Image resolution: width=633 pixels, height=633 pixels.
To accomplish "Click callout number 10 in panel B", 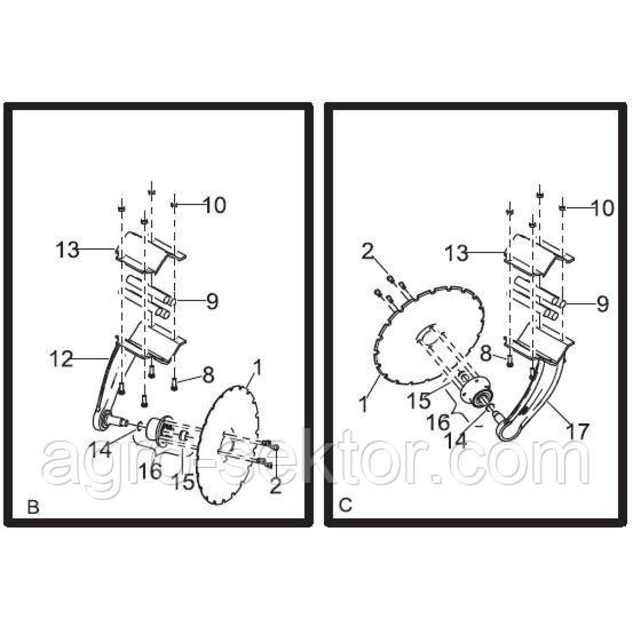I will (x=214, y=205).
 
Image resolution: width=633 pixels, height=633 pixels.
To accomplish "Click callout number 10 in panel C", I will (x=601, y=208).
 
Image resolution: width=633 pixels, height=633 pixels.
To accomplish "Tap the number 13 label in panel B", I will (x=68, y=250).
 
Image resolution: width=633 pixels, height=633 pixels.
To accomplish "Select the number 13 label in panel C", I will (x=456, y=254).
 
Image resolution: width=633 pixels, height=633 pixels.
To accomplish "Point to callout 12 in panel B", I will (x=62, y=360).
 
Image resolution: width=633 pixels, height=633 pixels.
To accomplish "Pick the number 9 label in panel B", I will (x=212, y=301).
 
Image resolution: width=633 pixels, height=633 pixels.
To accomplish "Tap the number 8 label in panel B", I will (x=208, y=375).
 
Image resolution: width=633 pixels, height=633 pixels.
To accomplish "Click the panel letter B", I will (x=33, y=507).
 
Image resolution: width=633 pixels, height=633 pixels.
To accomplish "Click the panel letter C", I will (x=345, y=505).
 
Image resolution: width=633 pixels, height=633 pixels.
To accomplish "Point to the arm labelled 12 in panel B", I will (x=108, y=385).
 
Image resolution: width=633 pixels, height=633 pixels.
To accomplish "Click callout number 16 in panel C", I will (x=438, y=422).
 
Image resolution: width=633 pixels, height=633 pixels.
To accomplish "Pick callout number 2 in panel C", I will (x=368, y=253).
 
